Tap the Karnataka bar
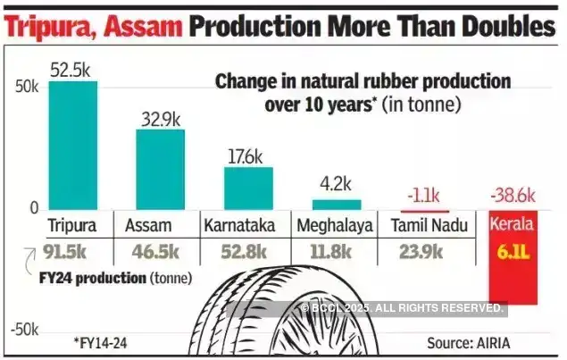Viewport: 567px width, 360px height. [x=248, y=188]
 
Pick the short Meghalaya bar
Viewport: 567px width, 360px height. [x=336, y=204]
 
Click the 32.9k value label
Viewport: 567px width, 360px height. [x=161, y=118]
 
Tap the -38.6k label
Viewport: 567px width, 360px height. [x=512, y=195]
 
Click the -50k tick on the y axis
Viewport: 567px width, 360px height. [x=23, y=329]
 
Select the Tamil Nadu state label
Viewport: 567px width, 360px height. [x=429, y=225]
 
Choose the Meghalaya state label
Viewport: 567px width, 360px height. [x=336, y=225]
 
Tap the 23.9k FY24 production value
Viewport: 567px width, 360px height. [x=420, y=251]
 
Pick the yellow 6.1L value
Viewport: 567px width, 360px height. [x=512, y=251]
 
